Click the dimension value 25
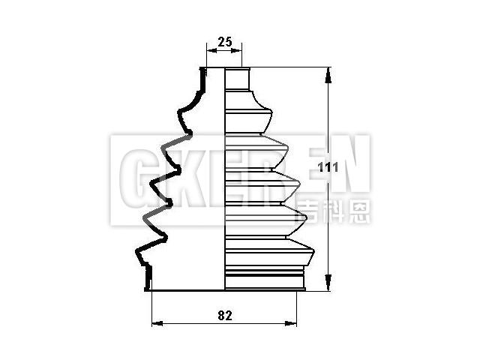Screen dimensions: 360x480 224,41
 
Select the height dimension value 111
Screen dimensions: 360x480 327,168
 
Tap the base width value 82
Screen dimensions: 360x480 224,316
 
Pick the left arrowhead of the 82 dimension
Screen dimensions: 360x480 155,324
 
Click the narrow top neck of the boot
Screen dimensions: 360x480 237,79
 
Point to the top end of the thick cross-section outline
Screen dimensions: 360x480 202,71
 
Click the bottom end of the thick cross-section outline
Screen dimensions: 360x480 148,287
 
